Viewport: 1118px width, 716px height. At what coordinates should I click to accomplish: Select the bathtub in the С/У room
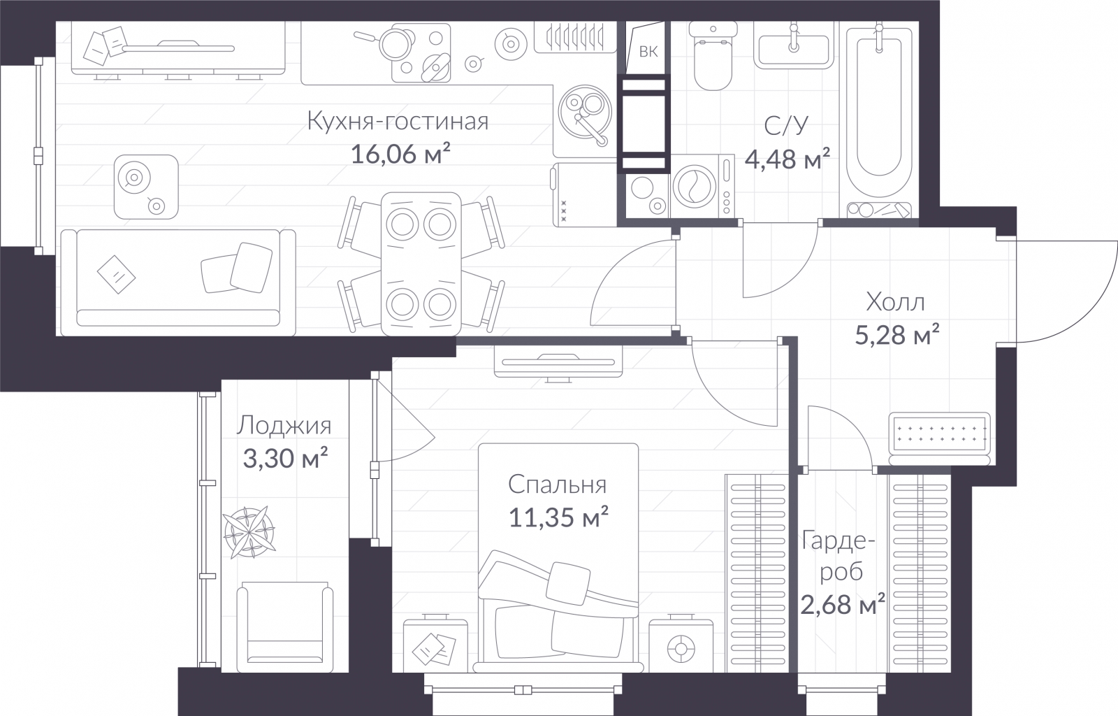pyautogui.click(x=879, y=120)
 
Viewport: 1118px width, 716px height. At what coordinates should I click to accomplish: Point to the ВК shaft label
pyautogui.click(x=648, y=52)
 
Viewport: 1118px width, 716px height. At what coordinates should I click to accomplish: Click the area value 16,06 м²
pyautogui.click(x=401, y=154)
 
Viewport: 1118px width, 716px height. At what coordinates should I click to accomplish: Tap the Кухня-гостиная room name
pyautogui.click(x=398, y=122)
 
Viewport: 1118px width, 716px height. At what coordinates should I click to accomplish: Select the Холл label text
pyautogui.click(x=895, y=302)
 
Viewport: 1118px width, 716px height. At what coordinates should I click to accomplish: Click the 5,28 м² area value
pyautogui.click(x=897, y=334)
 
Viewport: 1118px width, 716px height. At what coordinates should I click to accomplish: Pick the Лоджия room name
pyautogui.click(x=284, y=426)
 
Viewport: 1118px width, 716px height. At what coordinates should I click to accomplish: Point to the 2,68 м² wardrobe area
pyautogui.click(x=843, y=604)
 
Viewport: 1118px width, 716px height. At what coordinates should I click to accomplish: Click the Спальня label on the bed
pyautogui.click(x=558, y=485)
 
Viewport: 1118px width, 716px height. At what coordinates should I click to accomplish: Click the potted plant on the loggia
pyautogui.click(x=249, y=532)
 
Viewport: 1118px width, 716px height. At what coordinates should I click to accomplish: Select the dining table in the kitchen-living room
pyautogui.click(x=421, y=264)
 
